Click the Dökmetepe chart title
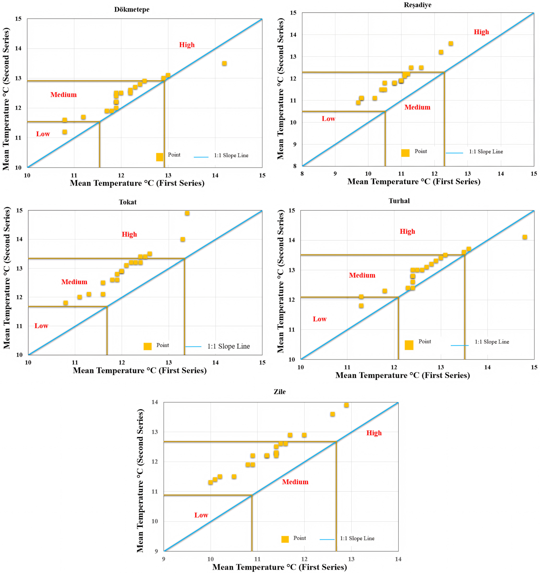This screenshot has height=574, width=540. [132, 10]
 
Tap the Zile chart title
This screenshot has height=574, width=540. [280, 392]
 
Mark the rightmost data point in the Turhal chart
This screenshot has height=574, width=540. [525, 237]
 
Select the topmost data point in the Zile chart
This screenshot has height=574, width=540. [346, 405]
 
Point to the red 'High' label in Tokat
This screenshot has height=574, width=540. [129, 234]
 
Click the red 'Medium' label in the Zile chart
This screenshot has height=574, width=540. [295, 482]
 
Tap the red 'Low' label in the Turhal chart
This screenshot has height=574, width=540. [320, 319]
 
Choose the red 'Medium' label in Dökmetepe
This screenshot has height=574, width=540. [63, 95]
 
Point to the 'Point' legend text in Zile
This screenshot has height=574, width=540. [299, 538]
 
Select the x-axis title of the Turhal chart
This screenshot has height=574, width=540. [402, 375]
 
